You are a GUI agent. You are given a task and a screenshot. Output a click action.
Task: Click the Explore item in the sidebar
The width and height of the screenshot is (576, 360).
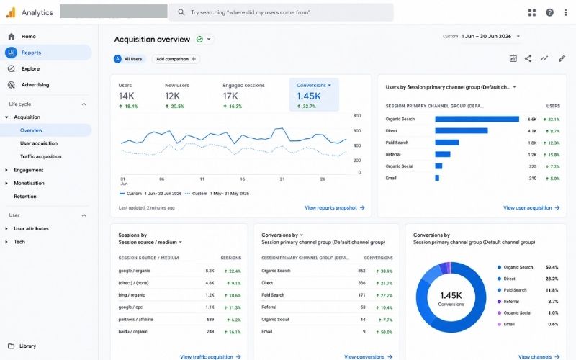tap(30, 68)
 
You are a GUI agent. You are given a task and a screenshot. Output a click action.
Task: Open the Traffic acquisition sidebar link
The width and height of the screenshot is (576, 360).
tap(41, 156)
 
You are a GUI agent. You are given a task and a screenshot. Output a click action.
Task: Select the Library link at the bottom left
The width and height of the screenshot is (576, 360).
tap(27, 346)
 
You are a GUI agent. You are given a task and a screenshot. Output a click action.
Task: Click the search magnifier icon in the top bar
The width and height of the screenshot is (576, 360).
tap(181, 12)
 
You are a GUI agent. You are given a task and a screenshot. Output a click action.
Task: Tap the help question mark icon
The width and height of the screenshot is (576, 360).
tap(549, 12)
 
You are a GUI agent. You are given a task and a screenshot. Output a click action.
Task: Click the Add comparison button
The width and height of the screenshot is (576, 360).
tap(176, 59)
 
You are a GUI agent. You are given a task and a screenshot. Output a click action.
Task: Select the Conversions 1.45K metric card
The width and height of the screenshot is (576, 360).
tap(314, 94)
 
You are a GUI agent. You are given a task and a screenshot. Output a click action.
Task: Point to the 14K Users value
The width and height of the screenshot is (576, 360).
tap(127, 96)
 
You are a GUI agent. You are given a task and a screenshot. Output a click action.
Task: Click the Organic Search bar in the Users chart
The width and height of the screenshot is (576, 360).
tap(477, 119)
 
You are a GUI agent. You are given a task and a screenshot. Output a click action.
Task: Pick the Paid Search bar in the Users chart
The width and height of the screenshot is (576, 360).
tap(447, 143)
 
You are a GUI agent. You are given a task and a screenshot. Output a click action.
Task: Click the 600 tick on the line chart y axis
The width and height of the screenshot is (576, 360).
tap(356, 131)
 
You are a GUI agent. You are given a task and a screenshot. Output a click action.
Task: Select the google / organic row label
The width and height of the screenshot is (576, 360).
tap(134, 271)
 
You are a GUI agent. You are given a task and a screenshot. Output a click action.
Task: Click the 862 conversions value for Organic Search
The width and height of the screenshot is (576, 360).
tap(362, 271)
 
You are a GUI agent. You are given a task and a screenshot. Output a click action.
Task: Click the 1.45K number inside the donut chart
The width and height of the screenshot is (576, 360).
tap(451, 295)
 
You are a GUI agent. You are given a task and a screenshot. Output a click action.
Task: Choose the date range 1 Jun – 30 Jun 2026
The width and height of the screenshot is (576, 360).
tap(487, 37)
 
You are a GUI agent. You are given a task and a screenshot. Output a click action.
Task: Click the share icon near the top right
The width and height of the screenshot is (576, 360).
tap(528, 58)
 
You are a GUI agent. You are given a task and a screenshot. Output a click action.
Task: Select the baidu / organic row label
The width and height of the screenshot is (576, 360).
tap(132, 332)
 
